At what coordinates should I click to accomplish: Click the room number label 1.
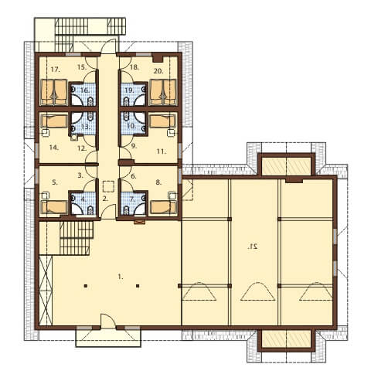[x=121, y=277]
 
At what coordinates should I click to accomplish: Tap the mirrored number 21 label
[x=253, y=247]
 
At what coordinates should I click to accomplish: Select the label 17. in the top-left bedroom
[x=56, y=70]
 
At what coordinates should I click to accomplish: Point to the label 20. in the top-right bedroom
[x=158, y=71]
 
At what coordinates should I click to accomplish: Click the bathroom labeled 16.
[x=83, y=94]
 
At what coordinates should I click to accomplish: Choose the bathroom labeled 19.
[x=134, y=94]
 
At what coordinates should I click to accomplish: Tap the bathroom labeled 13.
[x=83, y=123]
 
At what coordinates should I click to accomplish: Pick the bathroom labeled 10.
[x=134, y=123]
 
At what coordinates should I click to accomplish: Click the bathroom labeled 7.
[x=134, y=204]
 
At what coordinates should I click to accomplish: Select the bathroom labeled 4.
[x=83, y=204]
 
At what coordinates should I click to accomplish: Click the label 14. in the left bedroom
[x=53, y=148]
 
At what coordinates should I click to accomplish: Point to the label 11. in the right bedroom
[x=162, y=151]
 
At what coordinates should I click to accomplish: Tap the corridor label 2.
[x=105, y=199]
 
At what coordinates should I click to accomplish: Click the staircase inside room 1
[x=77, y=238]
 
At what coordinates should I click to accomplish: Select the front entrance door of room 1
[x=107, y=321]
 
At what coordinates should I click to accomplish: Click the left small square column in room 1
[x=86, y=285]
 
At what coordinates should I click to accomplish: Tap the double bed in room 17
[x=54, y=92]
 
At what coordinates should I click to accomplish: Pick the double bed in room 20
[x=163, y=92]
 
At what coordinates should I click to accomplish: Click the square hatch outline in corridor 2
[x=108, y=186]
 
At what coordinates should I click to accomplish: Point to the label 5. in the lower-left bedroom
[x=55, y=182]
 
